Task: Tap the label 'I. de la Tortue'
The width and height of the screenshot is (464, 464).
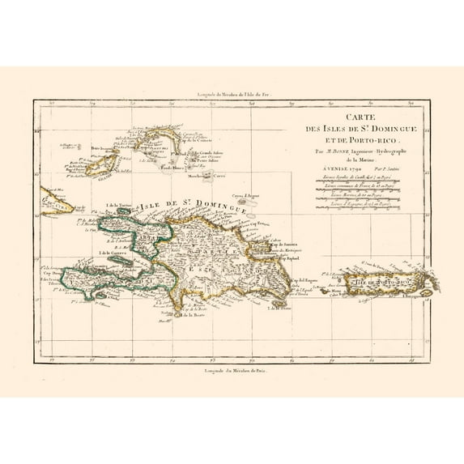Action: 118,206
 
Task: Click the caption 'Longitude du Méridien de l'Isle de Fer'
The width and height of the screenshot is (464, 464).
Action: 231,95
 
